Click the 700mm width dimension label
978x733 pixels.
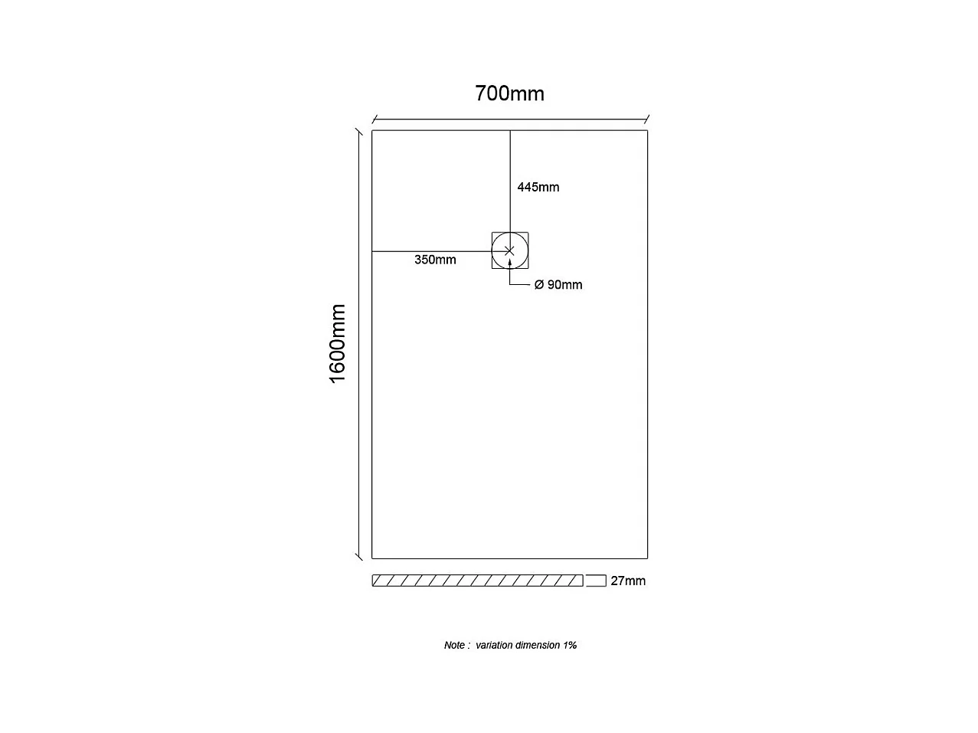point(509,93)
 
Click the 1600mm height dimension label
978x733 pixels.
point(338,344)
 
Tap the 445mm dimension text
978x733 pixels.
point(538,187)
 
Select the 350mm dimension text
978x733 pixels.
point(435,260)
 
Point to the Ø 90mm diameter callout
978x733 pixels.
point(558,285)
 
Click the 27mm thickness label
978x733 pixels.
point(628,581)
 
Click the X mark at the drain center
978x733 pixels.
point(510,250)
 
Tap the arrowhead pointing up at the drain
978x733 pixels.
point(510,263)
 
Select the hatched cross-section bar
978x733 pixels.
point(477,581)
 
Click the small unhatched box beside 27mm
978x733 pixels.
point(596,581)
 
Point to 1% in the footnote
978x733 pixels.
point(570,645)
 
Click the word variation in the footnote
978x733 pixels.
point(494,645)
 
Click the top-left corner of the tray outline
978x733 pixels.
point(372,131)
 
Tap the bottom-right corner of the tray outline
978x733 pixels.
point(647,558)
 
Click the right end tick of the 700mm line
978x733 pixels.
point(647,119)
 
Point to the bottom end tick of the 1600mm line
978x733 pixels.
point(358,556)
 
